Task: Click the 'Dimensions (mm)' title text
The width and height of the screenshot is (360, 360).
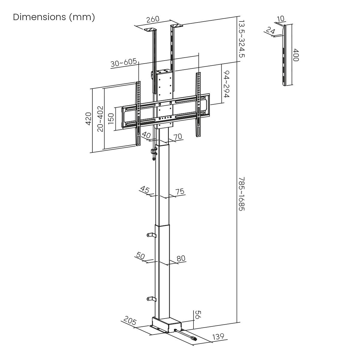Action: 54,17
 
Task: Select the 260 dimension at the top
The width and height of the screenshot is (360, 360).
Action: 153,19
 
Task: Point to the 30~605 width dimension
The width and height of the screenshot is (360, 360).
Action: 124,63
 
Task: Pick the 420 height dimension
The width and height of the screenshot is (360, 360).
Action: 88,119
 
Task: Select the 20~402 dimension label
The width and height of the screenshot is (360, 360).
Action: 100,119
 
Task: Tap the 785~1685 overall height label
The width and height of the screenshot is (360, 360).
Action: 241,194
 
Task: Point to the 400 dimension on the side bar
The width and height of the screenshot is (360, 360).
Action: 296,55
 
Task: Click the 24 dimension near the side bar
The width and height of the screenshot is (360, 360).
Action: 270,31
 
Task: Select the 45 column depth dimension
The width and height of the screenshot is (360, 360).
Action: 145,190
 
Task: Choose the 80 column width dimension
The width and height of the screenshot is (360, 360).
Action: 181,258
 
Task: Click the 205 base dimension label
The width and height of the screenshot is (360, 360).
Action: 130,322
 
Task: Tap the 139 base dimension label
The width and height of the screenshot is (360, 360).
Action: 218,337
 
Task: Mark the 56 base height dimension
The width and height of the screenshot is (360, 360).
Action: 198,315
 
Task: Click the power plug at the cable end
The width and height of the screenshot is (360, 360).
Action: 194,339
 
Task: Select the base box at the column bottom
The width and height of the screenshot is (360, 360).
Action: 166,325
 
